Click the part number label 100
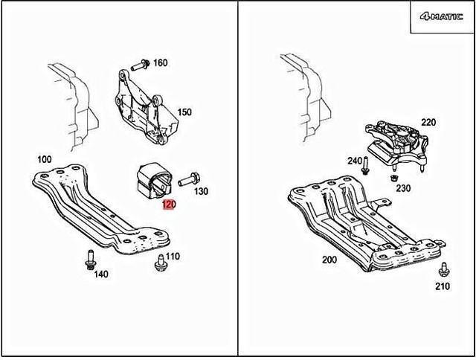tap(44, 159)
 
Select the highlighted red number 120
tap(168, 205)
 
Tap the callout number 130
tap(201, 191)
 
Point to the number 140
tap(101, 274)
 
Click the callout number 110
tap(173, 257)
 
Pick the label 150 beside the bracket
tap(184, 112)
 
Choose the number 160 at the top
tap(160, 63)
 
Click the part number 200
tap(329, 260)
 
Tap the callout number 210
tap(444, 285)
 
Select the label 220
tap(428, 122)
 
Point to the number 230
tap(403, 188)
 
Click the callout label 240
tap(354, 161)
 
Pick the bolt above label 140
tap(89, 260)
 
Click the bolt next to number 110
tap(158, 261)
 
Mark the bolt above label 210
tap(444, 270)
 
